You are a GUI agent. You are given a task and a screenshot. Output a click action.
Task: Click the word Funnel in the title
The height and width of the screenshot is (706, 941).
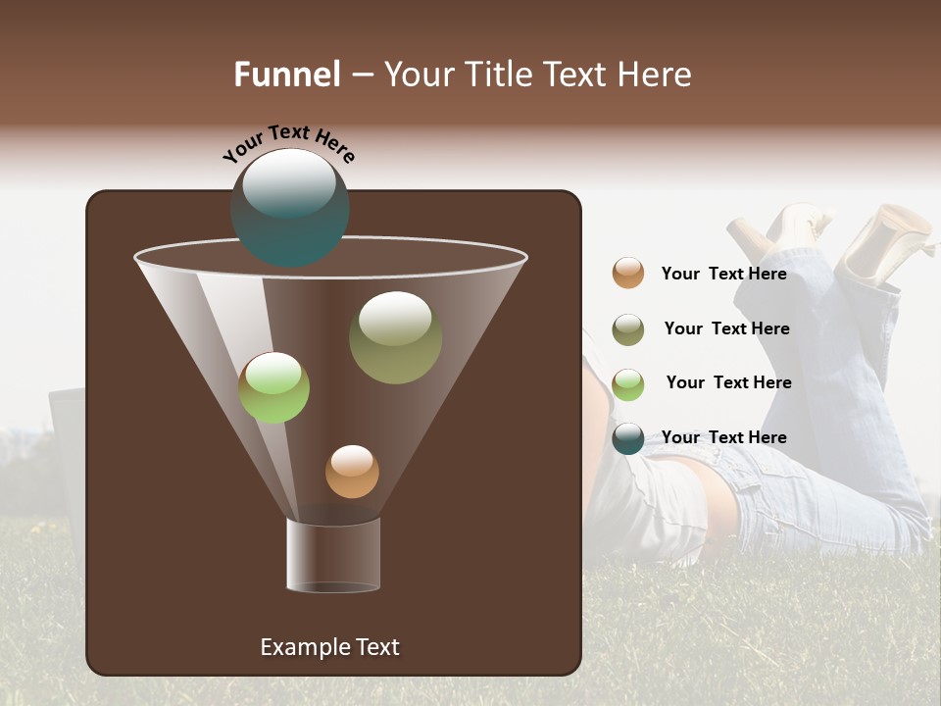point(286,75)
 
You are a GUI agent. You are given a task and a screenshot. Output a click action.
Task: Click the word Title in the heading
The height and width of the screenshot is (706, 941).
point(498,75)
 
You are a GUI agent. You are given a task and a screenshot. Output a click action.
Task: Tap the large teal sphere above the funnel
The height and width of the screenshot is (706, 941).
point(289,207)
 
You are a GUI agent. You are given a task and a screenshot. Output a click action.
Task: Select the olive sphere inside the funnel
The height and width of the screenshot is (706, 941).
point(395,337)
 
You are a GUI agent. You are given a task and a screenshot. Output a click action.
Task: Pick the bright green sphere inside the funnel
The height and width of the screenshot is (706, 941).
point(273,387)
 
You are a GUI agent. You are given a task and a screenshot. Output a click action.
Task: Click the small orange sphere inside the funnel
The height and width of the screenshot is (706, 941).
point(352,472)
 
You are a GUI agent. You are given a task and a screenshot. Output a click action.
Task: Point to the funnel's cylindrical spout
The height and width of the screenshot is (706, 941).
point(333,555)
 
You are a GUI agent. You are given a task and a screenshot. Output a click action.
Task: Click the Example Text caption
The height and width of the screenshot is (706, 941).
point(329,647)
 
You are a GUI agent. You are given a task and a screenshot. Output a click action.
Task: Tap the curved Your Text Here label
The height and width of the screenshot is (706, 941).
point(288,143)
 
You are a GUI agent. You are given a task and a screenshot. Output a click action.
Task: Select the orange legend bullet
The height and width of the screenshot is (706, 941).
point(628,274)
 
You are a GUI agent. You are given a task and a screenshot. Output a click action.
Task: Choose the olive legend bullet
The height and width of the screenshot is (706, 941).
point(628,329)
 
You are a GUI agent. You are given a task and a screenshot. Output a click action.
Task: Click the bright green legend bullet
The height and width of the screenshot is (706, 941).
point(628,384)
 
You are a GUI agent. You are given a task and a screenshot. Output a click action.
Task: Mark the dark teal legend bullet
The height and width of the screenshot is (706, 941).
point(628,438)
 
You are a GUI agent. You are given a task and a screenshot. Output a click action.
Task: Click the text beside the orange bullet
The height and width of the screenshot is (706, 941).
point(723,275)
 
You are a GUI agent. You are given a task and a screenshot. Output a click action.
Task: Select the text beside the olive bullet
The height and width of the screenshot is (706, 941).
point(726,329)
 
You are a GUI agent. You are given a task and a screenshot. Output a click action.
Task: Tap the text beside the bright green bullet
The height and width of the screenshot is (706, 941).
point(728,383)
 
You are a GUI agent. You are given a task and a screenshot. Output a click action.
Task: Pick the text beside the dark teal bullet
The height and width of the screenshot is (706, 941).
point(723,438)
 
